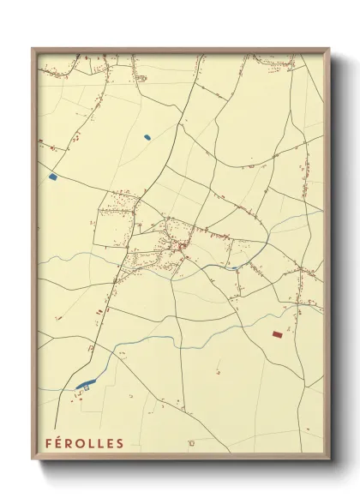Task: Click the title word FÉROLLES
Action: [x=84, y=442]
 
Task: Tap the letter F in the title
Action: [x=49, y=442]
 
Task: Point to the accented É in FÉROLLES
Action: [x=58, y=442]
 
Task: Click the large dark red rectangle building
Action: [x=277, y=334]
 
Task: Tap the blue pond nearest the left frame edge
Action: [x=53, y=177]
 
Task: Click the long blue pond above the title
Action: [x=84, y=385]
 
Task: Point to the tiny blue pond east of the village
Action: [x=233, y=267]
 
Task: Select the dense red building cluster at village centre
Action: [x=181, y=247]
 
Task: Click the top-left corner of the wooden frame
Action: [x=33, y=48]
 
